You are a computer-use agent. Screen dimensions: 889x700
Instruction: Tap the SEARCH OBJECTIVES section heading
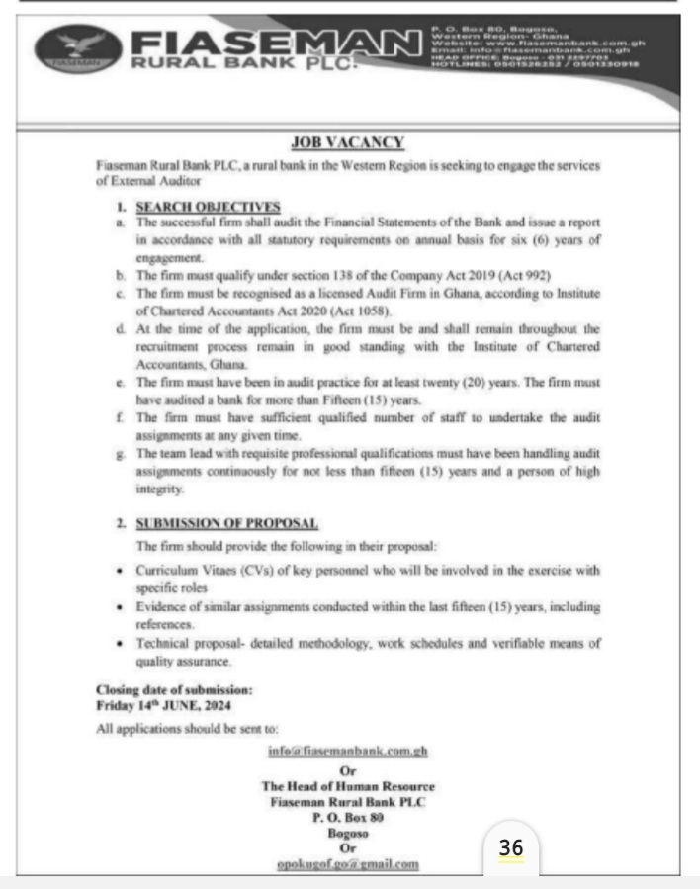208,206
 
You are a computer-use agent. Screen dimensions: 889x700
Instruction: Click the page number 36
511,847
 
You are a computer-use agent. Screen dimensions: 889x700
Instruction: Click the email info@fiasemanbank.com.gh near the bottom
347,751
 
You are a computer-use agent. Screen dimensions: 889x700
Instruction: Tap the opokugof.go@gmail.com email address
347,863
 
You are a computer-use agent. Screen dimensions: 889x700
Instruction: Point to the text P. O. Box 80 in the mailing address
347,817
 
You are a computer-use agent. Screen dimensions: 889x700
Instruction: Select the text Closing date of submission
174,689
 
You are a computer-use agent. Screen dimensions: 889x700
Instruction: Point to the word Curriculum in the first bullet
168,571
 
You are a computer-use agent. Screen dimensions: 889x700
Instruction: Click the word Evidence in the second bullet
162,606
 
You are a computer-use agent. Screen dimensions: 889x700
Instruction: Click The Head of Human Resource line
347,785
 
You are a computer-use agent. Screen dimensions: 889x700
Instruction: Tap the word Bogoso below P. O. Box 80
347,833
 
